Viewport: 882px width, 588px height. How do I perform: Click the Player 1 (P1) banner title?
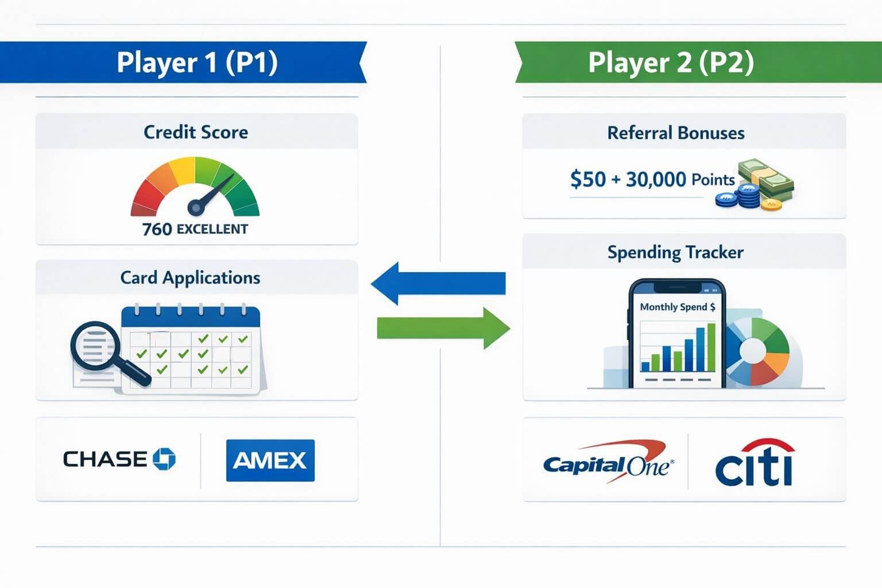point(197,62)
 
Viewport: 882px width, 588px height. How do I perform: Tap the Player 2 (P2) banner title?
point(671,62)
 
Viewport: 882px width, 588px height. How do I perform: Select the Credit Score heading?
point(196,132)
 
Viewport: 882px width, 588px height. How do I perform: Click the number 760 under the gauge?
point(157,229)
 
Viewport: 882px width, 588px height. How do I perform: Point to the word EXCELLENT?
point(212,229)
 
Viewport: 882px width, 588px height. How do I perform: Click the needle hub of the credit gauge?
point(196,207)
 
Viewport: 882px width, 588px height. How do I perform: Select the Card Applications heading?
point(190,278)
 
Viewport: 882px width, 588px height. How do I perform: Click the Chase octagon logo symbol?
point(164,459)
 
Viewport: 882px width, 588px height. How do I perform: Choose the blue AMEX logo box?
point(270,460)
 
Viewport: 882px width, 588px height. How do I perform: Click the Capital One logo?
point(608,462)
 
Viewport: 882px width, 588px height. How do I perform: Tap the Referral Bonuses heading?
point(676,133)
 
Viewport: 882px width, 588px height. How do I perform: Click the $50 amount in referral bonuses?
point(587,179)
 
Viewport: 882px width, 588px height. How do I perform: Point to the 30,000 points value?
point(656,179)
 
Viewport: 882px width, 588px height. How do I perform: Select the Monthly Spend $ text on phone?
point(678,307)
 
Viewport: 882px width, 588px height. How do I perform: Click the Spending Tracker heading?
point(675,252)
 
